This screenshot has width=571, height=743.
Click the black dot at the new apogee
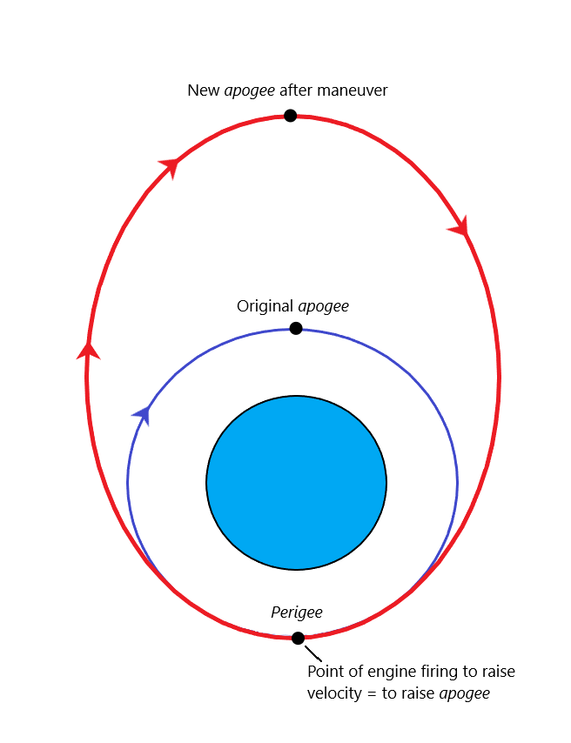coord(290,116)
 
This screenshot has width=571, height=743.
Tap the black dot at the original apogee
coord(296,328)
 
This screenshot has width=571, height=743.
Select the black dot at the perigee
coord(298,638)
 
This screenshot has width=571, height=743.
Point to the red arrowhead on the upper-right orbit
coord(460,228)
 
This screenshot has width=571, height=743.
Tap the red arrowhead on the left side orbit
coord(88,350)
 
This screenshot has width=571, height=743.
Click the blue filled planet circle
coord(296,483)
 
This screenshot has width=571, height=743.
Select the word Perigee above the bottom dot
coord(297,612)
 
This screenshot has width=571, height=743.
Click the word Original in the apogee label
coord(265,306)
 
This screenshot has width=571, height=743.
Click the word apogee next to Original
coord(323,306)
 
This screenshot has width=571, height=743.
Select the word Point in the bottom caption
coord(325,672)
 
